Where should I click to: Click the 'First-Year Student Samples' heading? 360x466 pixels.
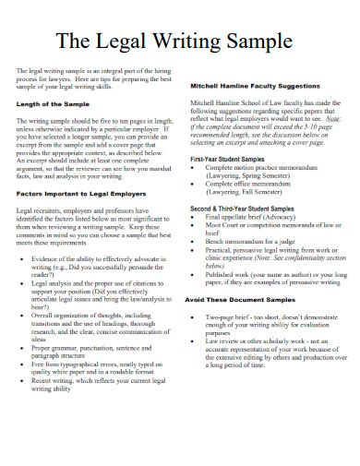[232, 159]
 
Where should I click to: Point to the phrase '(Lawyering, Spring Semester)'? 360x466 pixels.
[257, 177]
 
